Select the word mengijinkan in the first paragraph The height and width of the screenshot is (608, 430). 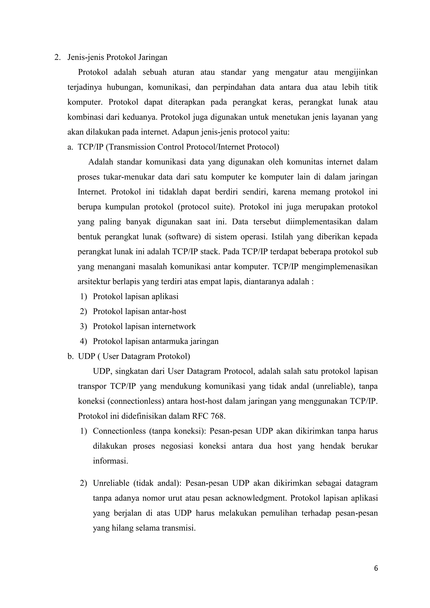(x=356, y=72)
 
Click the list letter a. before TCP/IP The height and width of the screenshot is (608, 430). (x=70, y=147)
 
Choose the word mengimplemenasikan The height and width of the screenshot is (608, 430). (x=340, y=267)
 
